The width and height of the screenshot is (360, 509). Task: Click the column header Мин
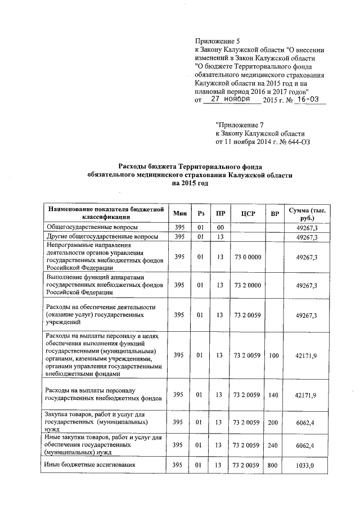179,214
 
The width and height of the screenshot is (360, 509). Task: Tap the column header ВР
274,214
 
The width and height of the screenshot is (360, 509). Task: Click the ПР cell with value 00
220,227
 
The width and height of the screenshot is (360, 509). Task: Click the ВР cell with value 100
274,355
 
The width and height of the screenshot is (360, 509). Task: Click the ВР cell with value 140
274,395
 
